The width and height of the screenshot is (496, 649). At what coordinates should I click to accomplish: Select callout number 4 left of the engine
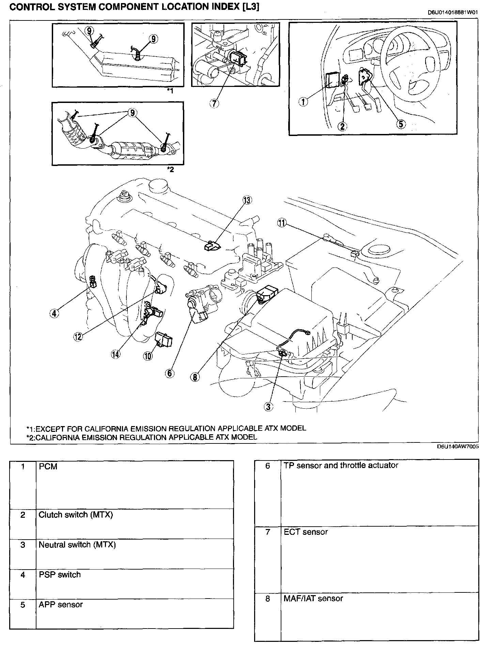tap(54, 313)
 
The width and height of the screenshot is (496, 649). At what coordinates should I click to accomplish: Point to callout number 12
tap(78, 336)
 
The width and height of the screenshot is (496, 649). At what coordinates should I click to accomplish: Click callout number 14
tap(115, 354)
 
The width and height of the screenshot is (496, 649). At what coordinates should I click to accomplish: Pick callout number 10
tap(148, 356)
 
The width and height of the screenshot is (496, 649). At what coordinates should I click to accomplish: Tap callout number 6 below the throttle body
tap(170, 373)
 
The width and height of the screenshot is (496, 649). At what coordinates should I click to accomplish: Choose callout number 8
tap(195, 377)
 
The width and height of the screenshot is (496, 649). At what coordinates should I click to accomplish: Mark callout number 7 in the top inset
tap(214, 104)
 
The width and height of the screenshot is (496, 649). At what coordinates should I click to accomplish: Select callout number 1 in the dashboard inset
tap(303, 101)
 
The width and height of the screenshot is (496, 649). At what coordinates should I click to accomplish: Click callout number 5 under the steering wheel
tap(401, 124)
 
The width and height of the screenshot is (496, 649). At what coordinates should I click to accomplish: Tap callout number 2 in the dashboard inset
tap(342, 126)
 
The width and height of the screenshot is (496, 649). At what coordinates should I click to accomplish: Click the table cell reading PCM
tap(48, 466)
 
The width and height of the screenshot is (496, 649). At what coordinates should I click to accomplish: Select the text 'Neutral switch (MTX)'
tap(77, 545)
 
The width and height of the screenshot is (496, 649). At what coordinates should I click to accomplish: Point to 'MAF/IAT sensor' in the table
tap(313, 599)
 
